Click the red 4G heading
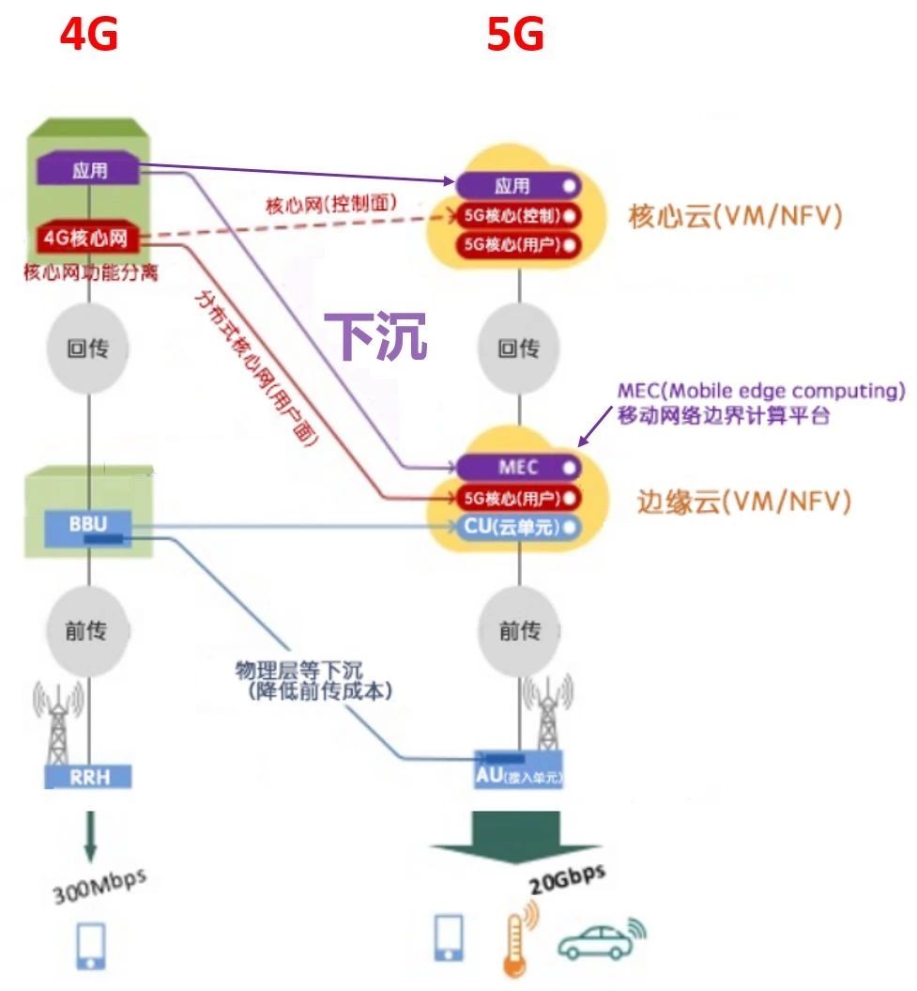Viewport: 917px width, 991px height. click(89, 36)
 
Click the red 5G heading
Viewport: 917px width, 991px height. click(515, 36)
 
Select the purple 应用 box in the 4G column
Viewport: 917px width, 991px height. click(89, 170)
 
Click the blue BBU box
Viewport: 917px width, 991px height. click(88, 524)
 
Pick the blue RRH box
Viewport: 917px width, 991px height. click(88, 776)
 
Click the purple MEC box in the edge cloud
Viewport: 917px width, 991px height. click(518, 467)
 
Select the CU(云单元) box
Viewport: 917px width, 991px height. click(518, 527)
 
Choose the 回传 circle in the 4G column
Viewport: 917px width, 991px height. click(87, 348)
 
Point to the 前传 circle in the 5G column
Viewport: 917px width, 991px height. click(519, 630)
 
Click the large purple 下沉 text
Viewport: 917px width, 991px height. click(376, 335)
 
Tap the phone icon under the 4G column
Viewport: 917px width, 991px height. click(90, 945)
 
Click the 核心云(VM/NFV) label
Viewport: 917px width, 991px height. click(735, 217)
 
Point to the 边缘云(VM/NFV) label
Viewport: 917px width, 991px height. click(743, 502)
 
